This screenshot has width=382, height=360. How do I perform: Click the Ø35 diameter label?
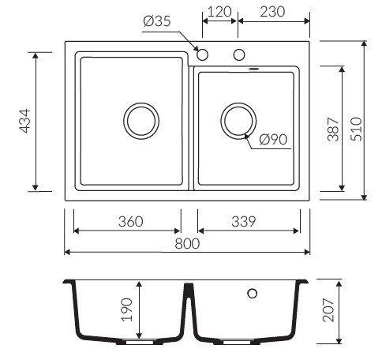tap(157, 21)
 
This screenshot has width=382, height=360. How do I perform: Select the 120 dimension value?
tap(219, 12)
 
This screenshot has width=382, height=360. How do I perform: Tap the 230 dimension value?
tap(272, 12)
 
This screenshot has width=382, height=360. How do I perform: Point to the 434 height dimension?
tap(25, 121)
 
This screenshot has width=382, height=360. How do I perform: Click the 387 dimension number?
tap(333, 129)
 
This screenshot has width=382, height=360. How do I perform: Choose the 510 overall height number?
tap(357, 129)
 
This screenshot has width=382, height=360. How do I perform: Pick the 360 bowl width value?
tap(131, 222)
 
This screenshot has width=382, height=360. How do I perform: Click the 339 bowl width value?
tap(244, 222)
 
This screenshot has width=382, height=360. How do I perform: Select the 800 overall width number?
tap(187, 243)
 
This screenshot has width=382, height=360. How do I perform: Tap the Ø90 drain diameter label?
tap(273, 139)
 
